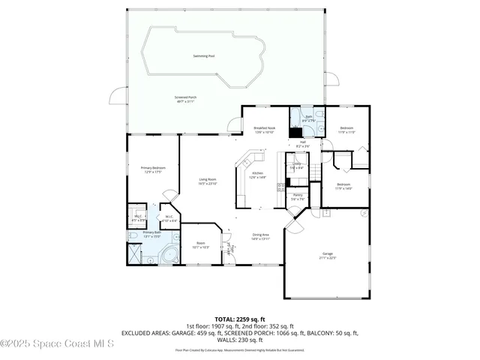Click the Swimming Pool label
[203, 56]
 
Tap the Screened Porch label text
[185, 97]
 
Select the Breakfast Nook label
[265, 128]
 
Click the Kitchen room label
[257, 173]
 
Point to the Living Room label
[207, 179]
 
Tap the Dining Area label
[260, 235]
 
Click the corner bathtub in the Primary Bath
[169, 254]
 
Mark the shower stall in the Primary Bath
[134, 253]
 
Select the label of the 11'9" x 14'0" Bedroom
[343, 184]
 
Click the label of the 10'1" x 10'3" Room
[200, 243]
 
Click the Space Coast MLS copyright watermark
[57, 343]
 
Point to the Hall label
[303, 142]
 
